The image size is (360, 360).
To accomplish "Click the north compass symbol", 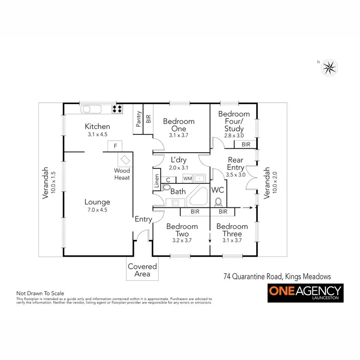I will tap(329, 67).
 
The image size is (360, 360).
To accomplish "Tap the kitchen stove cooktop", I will tap(117, 109).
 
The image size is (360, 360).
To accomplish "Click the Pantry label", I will tap(139, 119).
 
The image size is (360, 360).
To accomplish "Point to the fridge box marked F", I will tap(115, 145).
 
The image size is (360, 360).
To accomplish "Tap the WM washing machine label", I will tap(188, 179).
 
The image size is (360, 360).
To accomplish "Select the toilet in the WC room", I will tap(219, 202).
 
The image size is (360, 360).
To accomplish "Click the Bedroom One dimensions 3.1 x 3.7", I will tap(179, 136).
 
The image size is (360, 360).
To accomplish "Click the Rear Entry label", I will tap(235, 164).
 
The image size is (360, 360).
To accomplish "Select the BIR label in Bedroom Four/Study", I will tap(246, 144).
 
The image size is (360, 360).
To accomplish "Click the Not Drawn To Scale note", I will tap(40, 293).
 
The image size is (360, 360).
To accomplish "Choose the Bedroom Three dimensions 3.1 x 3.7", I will tap(232, 240).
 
